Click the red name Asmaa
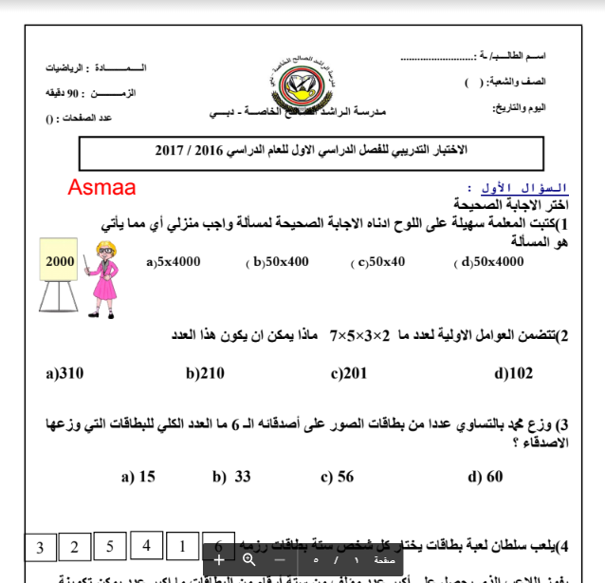[101, 187]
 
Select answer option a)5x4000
[174, 261]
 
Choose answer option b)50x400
[279, 261]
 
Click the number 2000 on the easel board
[59, 260]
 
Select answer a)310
[64, 373]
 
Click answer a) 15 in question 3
[138, 477]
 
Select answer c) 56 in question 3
[337, 477]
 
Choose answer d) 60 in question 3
[486, 477]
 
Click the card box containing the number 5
[111, 546]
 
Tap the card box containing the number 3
[39, 548]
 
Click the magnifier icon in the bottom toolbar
[248, 559]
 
